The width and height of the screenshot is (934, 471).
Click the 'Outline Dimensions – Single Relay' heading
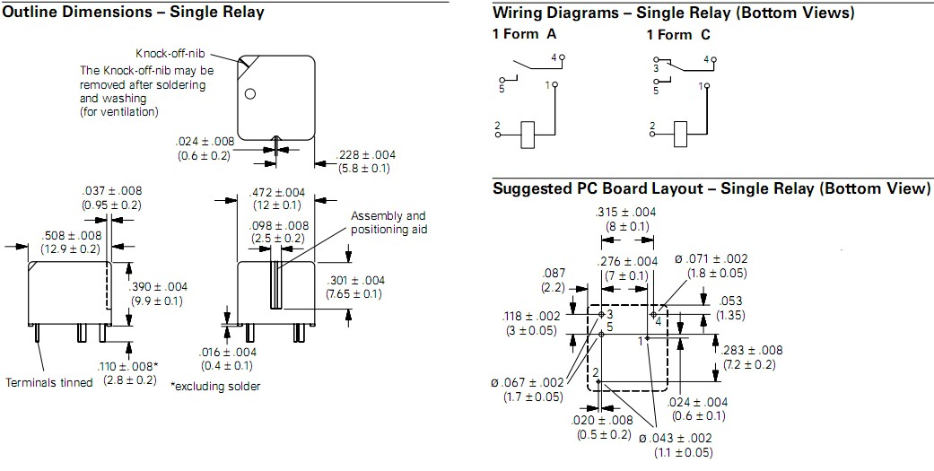(134, 13)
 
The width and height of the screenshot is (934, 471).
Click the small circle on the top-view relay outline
(252, 94)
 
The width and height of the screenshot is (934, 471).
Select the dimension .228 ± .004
(365, 155)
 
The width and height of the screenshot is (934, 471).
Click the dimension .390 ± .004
(155, 287)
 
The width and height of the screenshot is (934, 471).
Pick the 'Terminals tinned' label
(49, 383)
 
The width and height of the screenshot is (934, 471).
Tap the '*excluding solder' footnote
(215, 387)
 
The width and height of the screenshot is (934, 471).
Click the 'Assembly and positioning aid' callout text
(388, 222)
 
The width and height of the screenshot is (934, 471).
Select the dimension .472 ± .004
(276, 192)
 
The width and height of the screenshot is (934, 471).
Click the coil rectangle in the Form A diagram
(528, 134)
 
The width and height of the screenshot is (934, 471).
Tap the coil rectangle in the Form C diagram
(681, 134)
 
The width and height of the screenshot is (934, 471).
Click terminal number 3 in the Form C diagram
(655, 67)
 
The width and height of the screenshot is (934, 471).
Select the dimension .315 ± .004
(626, 213)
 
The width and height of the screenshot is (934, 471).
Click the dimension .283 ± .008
(751, 351)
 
